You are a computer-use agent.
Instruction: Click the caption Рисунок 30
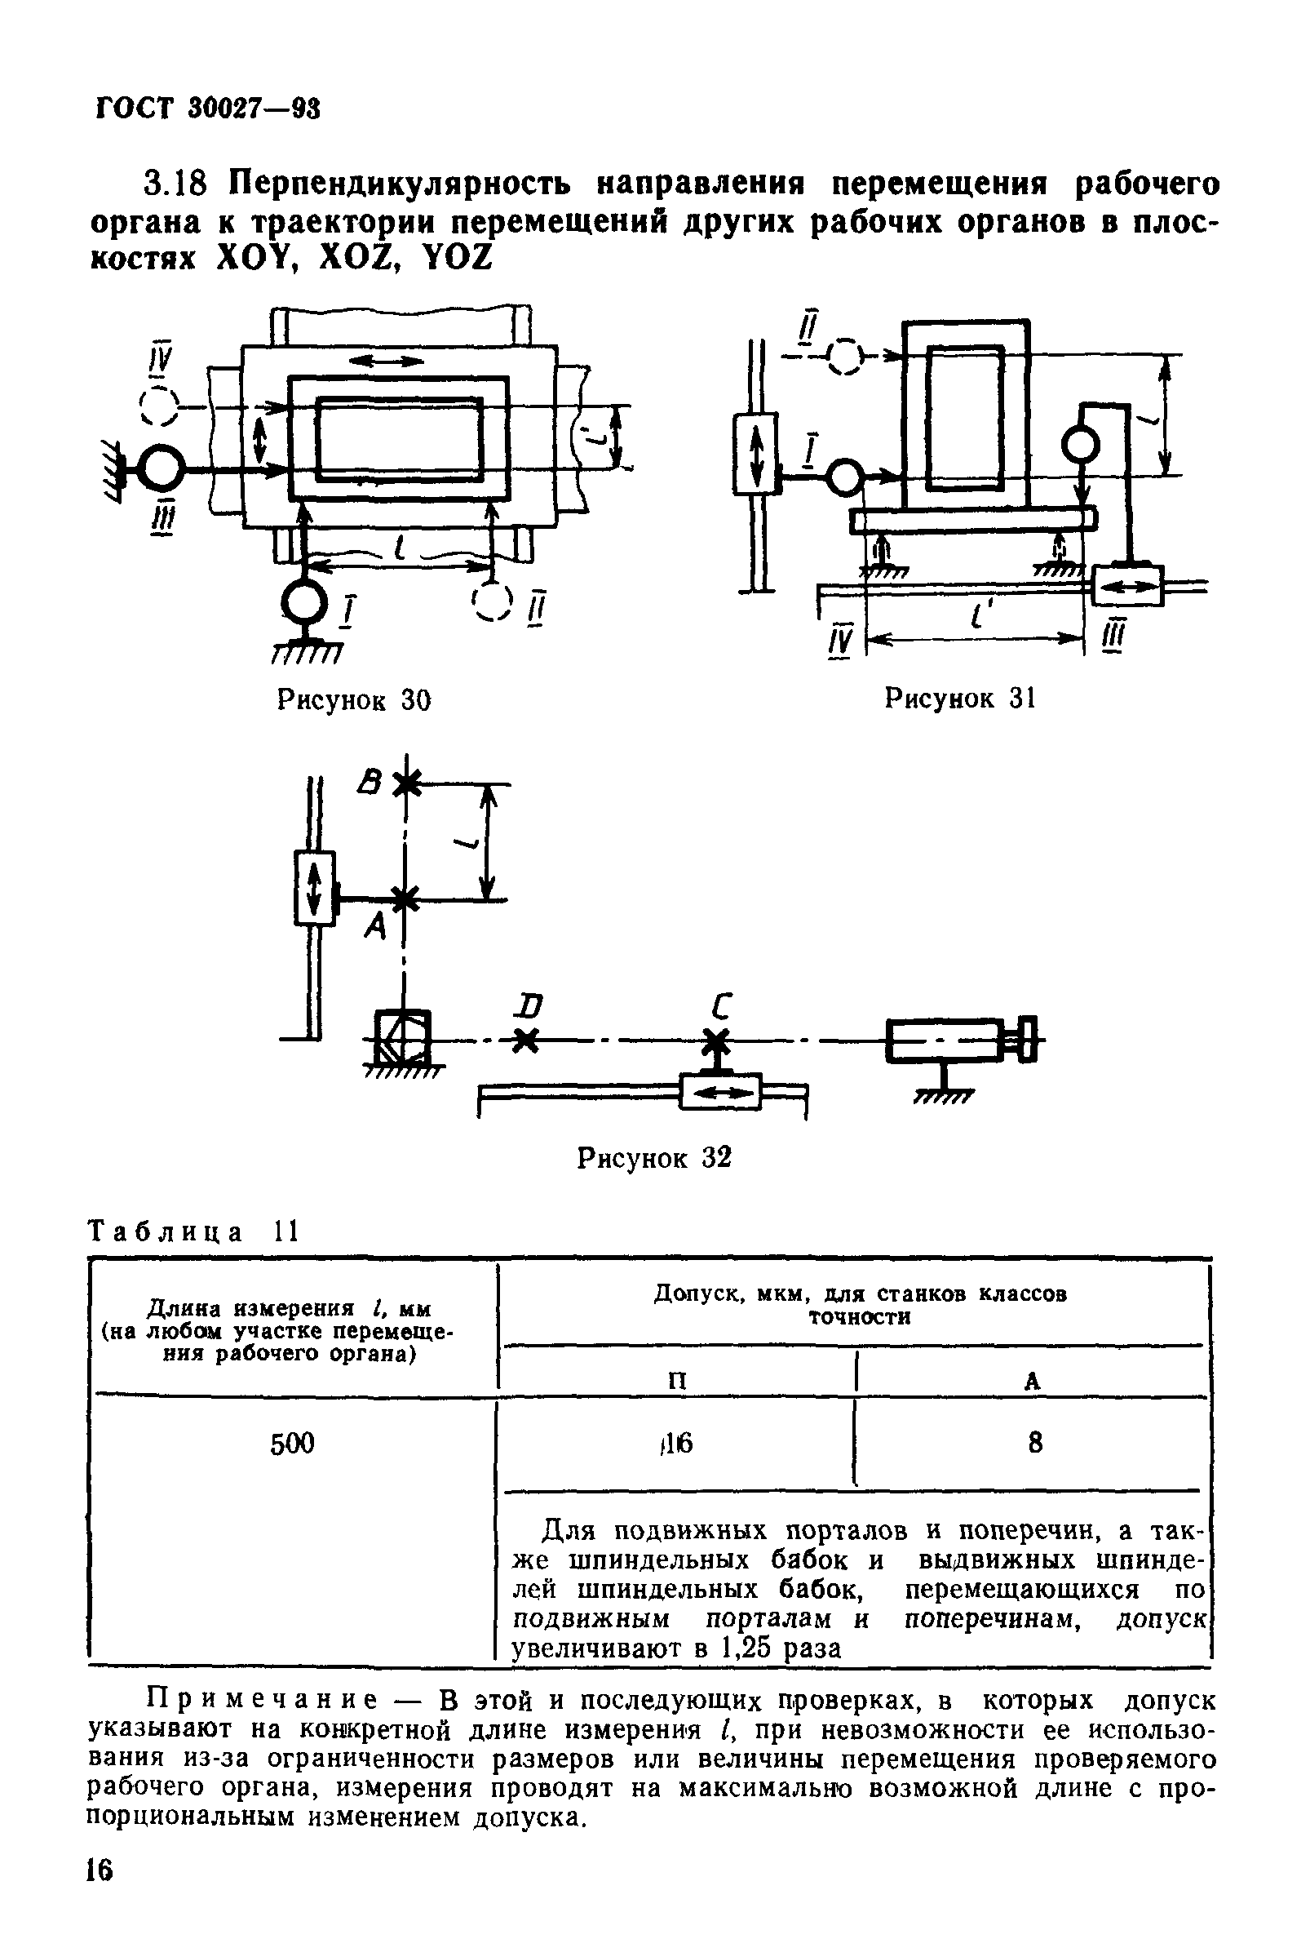[x=353, y=699]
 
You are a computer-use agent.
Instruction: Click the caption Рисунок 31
[x=959, y=698]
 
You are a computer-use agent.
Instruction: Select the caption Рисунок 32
[x=653, y=1157]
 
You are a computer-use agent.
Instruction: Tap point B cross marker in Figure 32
[x=405, y=783]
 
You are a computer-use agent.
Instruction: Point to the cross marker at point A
[x=405, y=899]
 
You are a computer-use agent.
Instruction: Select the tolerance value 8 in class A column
[x=1034, y=1443]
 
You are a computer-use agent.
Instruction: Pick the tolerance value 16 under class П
[x=679, y=1443]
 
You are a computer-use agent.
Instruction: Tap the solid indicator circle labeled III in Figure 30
[x=159, y=471]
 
